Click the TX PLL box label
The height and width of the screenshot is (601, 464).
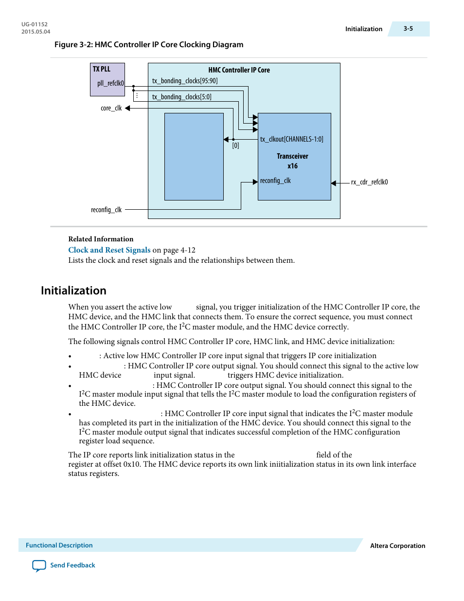coord(102,69)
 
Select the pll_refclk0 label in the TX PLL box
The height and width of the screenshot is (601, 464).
coord(110,83)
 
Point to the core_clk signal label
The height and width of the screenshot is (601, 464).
coord(111,108)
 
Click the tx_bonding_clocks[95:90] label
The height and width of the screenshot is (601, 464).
coord(185,81)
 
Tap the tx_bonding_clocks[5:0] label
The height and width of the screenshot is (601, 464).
coord(181,97)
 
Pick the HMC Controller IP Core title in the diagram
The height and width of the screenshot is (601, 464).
coord(239,70)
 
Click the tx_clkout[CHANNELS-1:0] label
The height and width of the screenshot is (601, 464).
coord(291,139)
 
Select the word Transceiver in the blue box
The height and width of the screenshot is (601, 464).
coord(292,156)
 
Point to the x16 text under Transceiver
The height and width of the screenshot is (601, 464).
coord(292,166)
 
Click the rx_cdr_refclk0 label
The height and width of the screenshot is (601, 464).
coord(369,182)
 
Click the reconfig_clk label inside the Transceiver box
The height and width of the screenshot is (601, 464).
coord(275,181)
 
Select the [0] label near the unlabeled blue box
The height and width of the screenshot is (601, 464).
coord(235,146)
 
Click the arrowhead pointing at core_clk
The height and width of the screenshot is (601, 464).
coord(127,108)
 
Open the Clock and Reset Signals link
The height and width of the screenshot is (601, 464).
coord(109,250)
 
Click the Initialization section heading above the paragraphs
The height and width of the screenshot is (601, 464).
coord(73,291)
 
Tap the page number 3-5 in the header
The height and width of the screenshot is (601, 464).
coord(408,29)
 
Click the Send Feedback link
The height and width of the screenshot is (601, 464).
coord(72,565)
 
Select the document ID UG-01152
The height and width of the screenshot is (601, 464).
coord(35,24)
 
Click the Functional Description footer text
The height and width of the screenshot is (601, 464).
coord(59,545)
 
